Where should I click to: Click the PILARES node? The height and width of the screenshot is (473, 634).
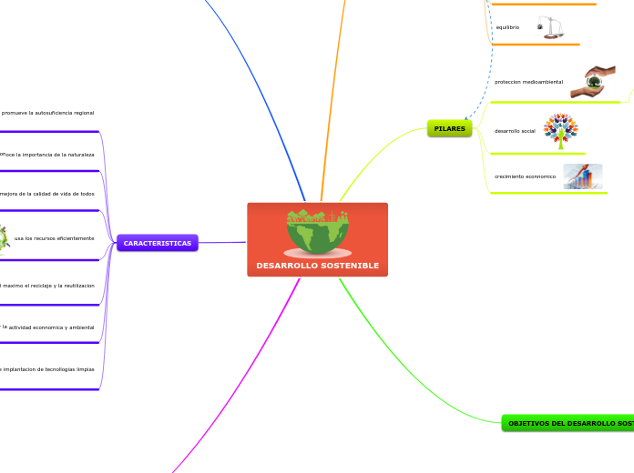click(449, 129)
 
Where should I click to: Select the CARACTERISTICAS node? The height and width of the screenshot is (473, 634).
click(157, 244)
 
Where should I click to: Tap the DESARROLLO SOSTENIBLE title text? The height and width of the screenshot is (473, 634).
click(317, 266)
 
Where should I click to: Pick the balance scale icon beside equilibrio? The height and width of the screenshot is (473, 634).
click(550, 27)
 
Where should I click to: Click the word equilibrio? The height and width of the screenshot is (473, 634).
click(507, 28)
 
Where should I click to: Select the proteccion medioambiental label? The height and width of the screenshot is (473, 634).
click(528, 82)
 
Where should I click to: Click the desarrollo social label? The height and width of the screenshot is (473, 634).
click(515, 131)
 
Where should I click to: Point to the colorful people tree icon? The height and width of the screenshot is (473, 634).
click(560, 130)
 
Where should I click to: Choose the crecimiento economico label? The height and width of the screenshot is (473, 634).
click(525, 176)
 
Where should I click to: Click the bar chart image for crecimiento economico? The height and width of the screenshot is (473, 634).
click(582, 176)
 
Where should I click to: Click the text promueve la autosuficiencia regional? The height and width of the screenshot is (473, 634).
click(48, 113)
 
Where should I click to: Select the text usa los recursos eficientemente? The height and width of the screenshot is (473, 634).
click(55, 238)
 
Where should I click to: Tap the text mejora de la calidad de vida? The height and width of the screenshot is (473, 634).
click(48, 194)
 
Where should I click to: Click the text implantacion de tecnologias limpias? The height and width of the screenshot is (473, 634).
click(48, 369)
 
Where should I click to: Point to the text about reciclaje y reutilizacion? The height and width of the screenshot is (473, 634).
click(48, 286)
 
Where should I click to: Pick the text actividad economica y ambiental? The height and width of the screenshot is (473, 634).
click(50, 327)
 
